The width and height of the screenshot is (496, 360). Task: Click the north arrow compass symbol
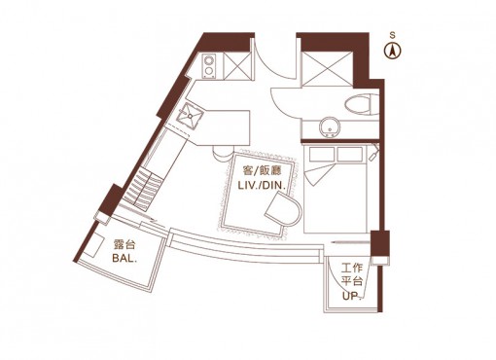[x=393, y=51]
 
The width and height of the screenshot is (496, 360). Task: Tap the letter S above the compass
[x=393, y=35]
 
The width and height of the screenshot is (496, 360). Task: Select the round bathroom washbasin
[x=330, y=127]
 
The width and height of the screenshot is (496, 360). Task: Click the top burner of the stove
[x=209, y=60]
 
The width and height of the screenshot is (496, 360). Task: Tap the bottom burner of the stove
[x=209, y=71]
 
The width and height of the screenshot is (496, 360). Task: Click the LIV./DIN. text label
[x=262, y=186]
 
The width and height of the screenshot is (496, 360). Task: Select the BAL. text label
[x=124, y=258]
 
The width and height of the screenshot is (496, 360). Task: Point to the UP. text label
[x=351, y=296]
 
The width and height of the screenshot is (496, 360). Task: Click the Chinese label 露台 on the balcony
[x=124, y=244]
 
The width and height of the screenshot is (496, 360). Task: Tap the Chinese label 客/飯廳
[x=262, y=171]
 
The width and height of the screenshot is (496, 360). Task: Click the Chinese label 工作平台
[x=352, y=274]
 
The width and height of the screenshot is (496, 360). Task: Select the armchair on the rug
[x=283, y=208]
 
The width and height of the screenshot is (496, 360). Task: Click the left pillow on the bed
[x=321, y=154]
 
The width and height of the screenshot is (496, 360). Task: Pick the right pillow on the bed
[x=349, y=154]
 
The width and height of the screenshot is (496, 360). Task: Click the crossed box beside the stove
[x=237, y=66]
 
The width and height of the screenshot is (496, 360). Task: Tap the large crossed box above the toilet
[x=328, y=68]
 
